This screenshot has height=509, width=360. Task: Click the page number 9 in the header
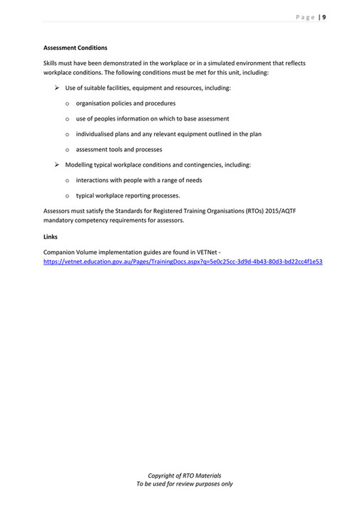(x=324, y=17)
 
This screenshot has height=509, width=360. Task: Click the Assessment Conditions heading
(x=76, y=48)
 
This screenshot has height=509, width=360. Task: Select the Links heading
(x=51, y=237)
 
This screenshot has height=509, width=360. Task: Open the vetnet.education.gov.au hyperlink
(x=182, y=262)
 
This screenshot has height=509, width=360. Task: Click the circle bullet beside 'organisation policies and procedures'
(x=67, y=103)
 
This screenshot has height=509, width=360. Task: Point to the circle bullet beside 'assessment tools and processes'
(x=67, y=150)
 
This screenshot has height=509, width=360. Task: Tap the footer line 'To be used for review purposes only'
(x=184, y=484)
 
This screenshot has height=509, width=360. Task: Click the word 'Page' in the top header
(x=305, y=17)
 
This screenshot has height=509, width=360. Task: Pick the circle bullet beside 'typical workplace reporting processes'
(x=67, y=196)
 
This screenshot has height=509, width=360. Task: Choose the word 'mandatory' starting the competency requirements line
(x=59, y=221)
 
